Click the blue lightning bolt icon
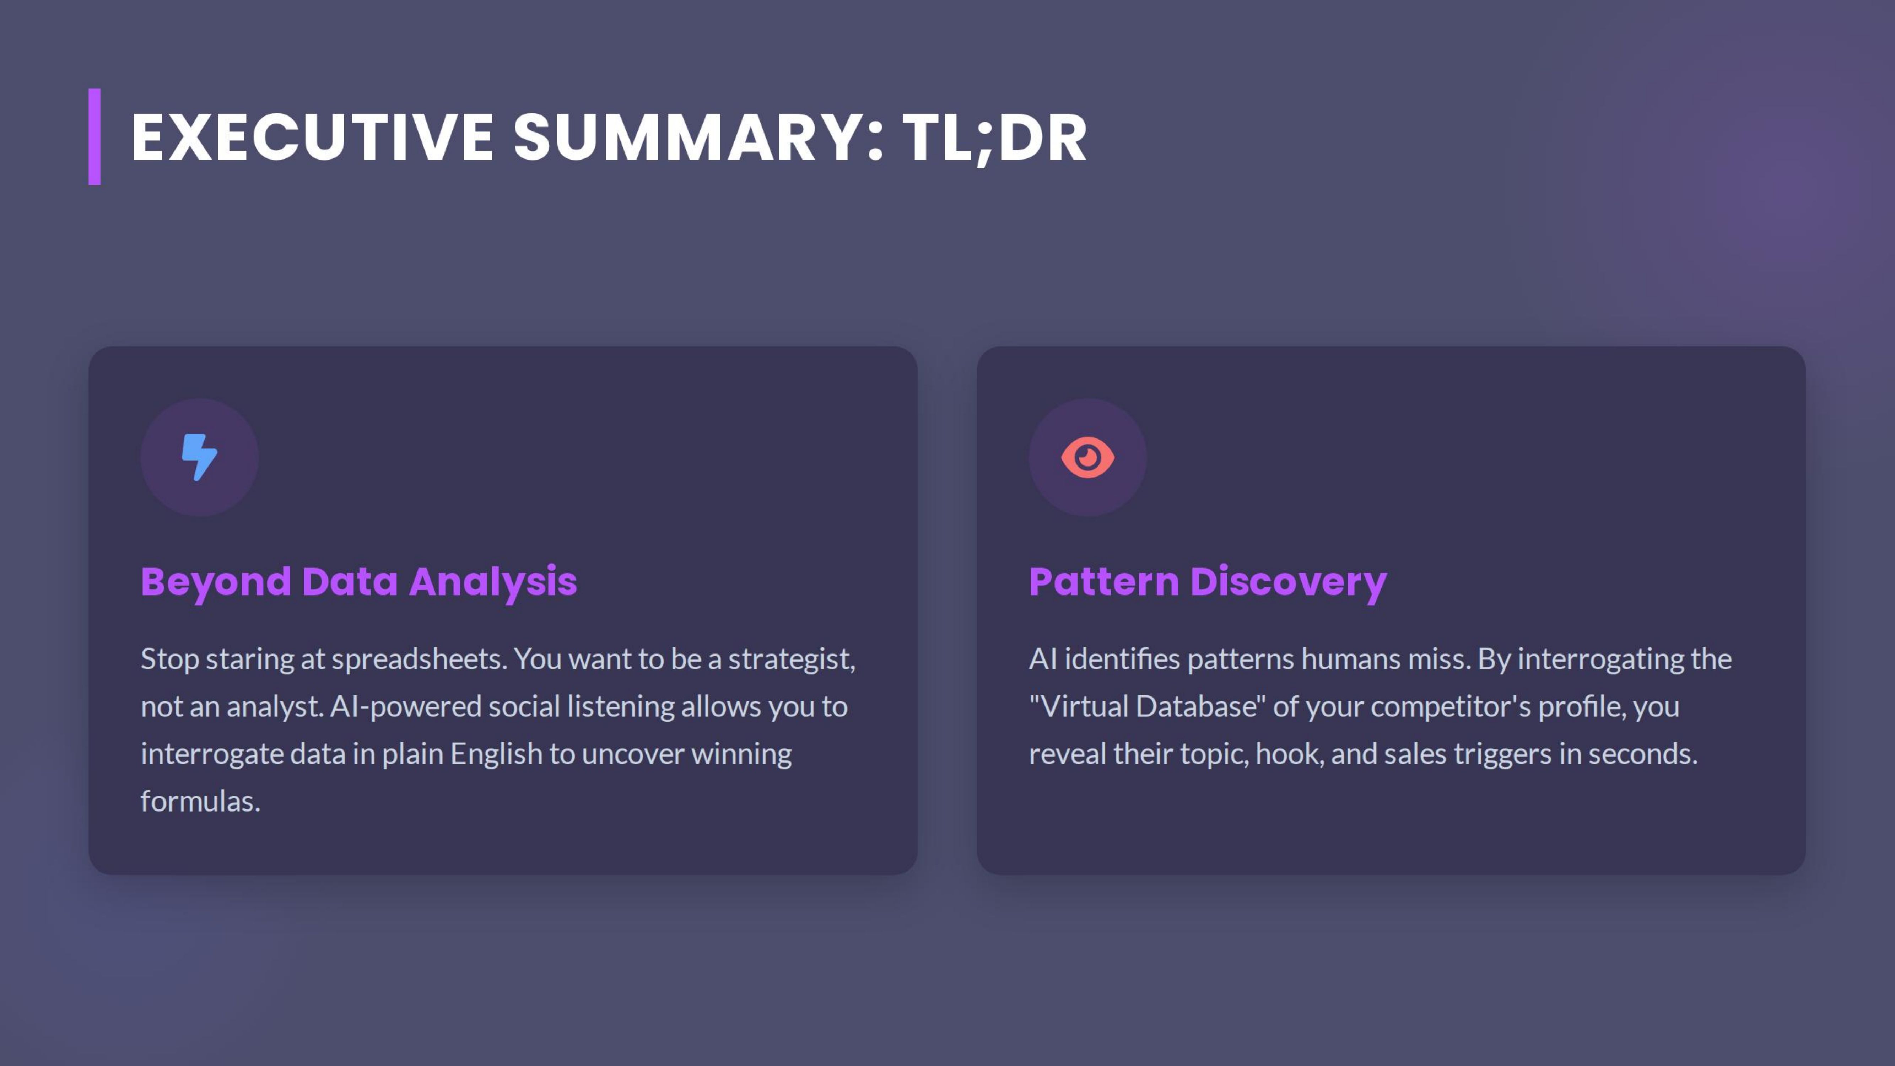[199, 457]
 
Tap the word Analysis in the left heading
[493, 582]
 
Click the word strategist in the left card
[791, 659]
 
